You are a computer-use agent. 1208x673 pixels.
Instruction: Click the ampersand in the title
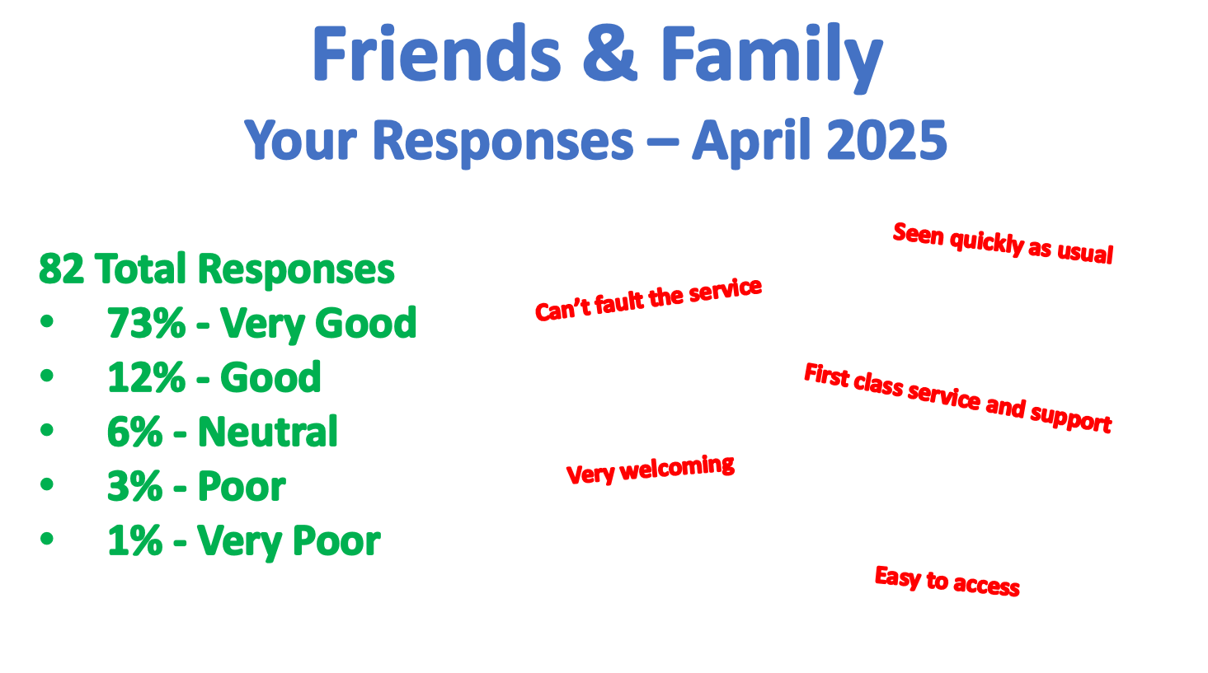610,54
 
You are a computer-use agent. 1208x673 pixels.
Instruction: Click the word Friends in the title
437,54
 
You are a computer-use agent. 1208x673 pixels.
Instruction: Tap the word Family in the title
771,58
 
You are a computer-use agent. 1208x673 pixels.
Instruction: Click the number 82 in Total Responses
62,269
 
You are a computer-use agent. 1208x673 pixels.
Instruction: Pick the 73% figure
146,323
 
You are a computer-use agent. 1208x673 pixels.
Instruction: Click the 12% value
146,378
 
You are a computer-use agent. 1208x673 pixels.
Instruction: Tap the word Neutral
267,432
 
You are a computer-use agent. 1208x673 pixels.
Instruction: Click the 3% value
135,487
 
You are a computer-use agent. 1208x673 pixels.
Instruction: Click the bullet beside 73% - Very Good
47,321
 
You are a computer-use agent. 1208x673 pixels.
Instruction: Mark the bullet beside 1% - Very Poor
47,538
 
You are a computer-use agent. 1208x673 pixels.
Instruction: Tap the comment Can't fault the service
648,300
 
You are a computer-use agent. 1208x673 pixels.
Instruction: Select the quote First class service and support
958,398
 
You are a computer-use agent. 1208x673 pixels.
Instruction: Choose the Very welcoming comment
651,470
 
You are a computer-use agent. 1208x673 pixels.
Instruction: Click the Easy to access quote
947,581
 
